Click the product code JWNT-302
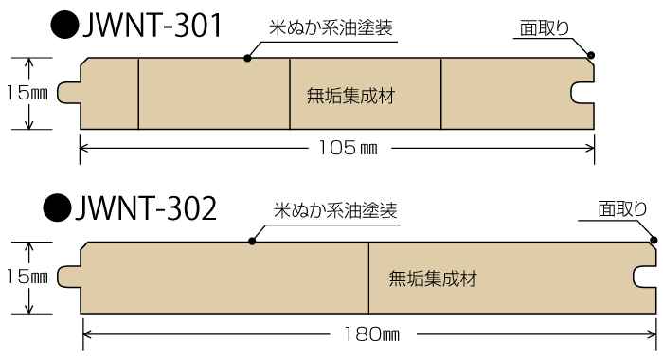[x=149, y=207]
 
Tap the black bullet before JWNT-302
[x=59, y=207]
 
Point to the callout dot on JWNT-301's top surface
[x=248, y=59]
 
